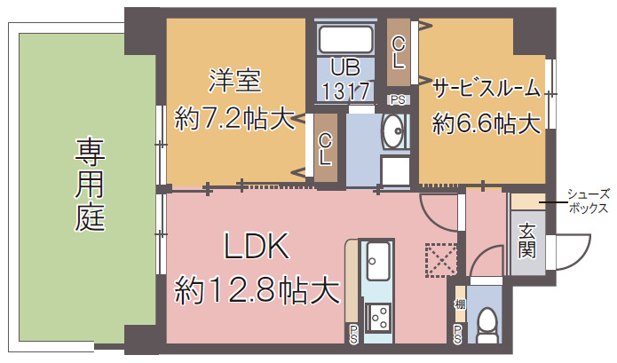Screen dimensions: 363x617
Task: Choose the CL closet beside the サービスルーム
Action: (x=399, y=52)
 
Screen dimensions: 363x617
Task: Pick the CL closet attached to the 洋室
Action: (x=326, y=149)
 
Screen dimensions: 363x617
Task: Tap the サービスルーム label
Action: (x=486, y=87)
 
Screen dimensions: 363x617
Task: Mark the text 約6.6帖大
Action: (x=486, y=123)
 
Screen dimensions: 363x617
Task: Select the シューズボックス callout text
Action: (x=588, y=201)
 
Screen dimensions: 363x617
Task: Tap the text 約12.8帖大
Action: (x=257, y=288)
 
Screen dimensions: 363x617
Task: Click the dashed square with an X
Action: (x=439, y=259)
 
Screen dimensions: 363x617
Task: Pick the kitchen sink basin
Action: (x=379, y=259)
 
